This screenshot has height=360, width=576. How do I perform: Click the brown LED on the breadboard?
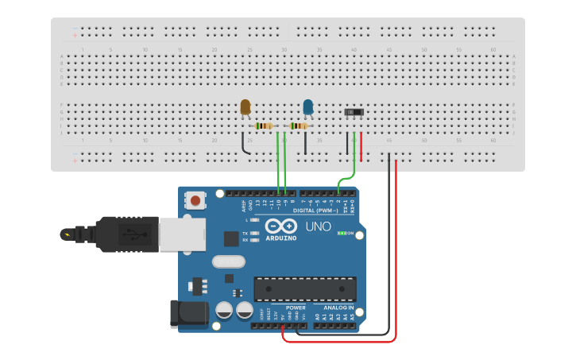245,106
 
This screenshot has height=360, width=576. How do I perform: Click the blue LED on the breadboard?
308,106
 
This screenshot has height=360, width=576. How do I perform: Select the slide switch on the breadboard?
354,112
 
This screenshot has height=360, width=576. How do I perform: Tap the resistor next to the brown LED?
264,126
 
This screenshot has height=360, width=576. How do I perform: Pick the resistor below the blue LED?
299,126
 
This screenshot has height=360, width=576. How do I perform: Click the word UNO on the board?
318,226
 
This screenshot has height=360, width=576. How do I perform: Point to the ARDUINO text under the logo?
281,238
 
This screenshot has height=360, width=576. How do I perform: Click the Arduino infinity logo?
281,226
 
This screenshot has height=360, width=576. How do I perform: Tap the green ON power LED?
342,233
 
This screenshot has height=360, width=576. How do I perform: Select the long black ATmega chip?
305,289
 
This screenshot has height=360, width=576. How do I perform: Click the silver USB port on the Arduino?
182,234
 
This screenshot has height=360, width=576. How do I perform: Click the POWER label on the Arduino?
296,308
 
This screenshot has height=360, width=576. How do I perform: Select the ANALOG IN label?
338,308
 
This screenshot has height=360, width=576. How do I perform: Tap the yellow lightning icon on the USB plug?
67,234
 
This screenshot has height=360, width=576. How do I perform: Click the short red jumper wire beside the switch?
361,146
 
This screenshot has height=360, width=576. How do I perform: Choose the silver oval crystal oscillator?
229,261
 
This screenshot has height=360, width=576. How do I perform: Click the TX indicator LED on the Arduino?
254,233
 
